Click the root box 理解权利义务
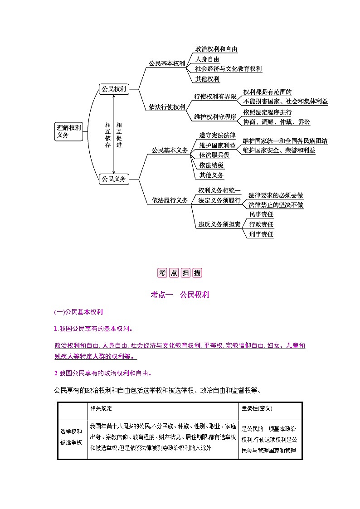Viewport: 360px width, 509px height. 68,131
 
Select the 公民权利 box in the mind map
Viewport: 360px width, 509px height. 114,89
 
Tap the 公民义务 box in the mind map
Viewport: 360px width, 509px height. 114,179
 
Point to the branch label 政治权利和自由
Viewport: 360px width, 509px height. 216,49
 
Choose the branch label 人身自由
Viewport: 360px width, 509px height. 207,59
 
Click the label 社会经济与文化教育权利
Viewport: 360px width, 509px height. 228,69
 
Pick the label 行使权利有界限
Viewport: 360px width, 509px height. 215,97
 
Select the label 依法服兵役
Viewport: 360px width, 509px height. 214,155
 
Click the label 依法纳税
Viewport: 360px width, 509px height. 211,165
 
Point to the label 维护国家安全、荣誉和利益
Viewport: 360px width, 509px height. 279,150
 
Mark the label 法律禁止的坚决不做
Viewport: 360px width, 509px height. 276,205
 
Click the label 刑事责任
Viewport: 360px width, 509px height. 261,234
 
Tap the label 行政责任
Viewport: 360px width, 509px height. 261,224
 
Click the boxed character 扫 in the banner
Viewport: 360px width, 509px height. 185,273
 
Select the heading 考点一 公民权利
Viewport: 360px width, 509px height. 180,295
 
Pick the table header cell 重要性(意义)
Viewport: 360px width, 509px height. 257,408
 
